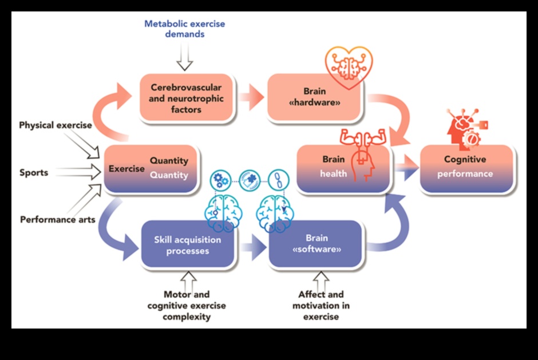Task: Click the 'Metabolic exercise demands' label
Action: pos(184,29)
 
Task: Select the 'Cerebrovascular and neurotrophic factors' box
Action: pos(187,98)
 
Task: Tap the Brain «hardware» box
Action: pos(314,98)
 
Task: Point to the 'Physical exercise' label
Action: pos(56,125)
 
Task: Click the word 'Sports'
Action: pos(34,172)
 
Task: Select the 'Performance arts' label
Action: pos(58,219)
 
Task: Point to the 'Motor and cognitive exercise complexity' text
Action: pos(187,306)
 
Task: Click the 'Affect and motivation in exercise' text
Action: pos(321,306)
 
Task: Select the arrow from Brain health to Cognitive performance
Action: pos(406,169)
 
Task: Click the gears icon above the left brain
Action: pos(221,179)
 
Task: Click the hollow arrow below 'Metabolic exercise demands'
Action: pos(184,57)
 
